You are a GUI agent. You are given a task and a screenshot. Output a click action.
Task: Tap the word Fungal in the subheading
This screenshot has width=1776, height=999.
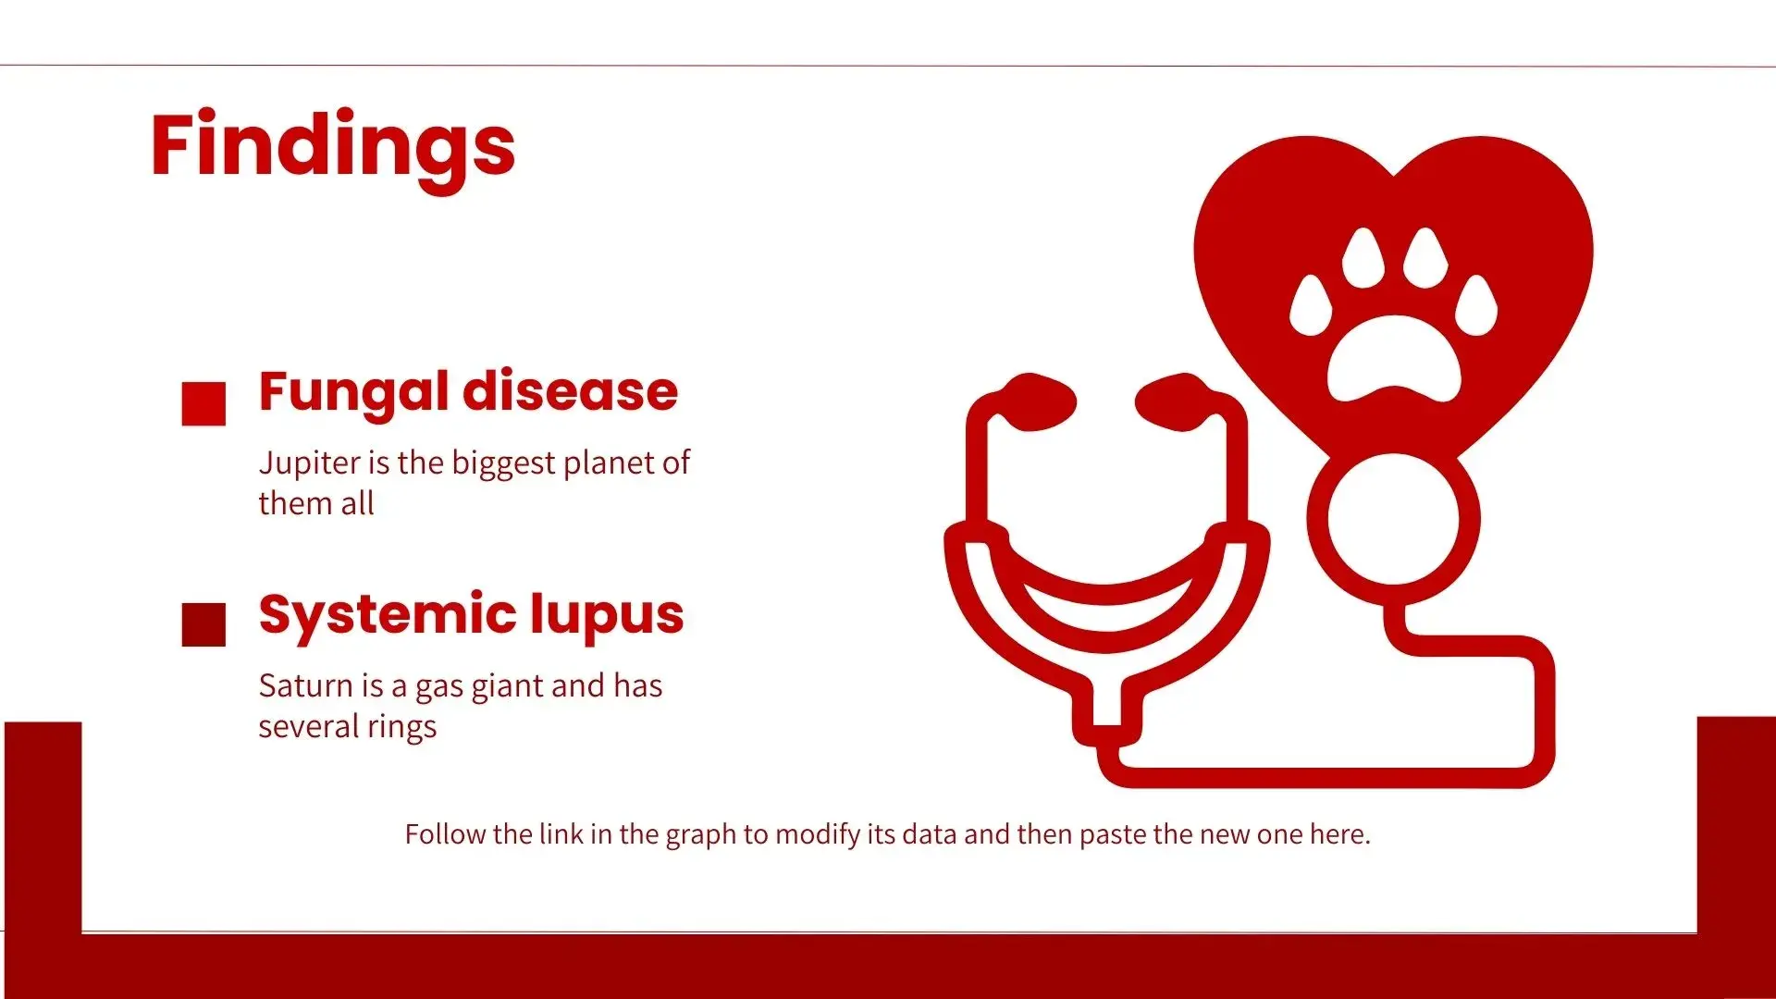point(353,393)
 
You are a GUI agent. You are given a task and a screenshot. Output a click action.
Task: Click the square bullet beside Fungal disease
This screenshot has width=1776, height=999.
point(203,403)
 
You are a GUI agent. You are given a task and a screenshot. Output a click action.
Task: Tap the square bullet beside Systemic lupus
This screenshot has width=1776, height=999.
point(203,624)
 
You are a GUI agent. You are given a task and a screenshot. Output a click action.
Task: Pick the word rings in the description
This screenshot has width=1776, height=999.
point(401,728)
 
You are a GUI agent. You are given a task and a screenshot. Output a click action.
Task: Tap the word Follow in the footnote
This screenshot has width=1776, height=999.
point(445,834)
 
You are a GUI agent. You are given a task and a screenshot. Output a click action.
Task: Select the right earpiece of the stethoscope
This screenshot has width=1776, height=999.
point(1175,402)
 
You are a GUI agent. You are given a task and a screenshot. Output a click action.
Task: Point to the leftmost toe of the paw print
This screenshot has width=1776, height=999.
point(1311,305)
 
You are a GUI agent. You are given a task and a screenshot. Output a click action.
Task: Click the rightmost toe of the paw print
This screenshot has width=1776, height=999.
point(1476,305)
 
